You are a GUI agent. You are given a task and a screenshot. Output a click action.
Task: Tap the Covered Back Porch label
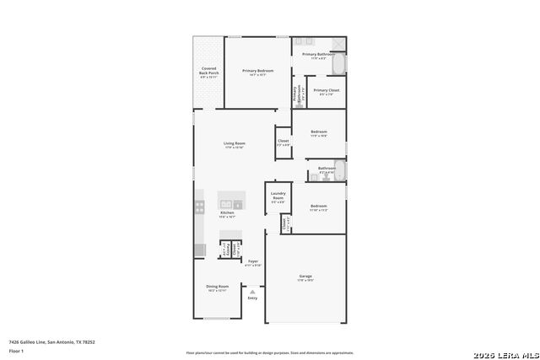pos(208,72)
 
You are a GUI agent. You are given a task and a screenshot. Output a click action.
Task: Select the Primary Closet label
pos(327,91)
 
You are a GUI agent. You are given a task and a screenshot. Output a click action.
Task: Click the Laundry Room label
pos(278,198)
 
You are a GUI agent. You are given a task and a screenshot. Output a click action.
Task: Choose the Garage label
pos(305,277)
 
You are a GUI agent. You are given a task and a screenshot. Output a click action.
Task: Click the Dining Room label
pos(218,287)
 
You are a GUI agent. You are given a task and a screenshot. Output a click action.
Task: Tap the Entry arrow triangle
pos(251,292)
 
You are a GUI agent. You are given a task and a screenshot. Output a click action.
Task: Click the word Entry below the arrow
pos(252,298)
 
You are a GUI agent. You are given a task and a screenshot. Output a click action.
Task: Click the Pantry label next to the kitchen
pos(225,250)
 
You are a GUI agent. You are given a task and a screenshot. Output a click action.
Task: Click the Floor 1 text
pos(16,350)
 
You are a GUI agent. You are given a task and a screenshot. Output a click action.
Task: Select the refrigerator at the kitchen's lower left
pos(199,250)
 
